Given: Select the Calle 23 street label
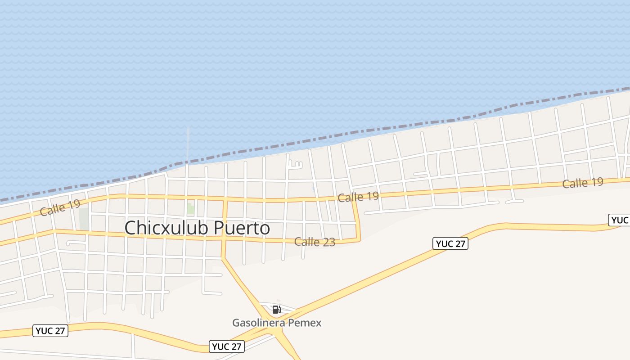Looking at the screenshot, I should coord(315,242).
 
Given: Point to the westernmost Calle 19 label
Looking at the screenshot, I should coord(60,207).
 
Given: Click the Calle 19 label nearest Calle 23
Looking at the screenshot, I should coord(358,197).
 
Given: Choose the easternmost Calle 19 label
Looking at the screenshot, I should coord(583,183).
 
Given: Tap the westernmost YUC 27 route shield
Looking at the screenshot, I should coord(51,331).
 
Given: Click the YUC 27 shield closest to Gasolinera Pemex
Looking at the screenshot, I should coord(227,346).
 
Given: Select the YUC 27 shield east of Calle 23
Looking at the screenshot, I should coord(451,244).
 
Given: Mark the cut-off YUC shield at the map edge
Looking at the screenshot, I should coord(620,220).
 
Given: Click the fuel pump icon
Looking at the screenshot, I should coord(277,310).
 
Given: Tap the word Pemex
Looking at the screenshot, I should coord(308,323).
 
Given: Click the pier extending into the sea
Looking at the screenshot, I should coord(188,144).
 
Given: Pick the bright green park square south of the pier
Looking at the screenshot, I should coord(191,209).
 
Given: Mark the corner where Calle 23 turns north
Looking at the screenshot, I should coord(360,239).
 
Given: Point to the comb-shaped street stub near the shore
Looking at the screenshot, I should coord(294,165).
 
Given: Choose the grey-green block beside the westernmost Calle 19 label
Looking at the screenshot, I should coord(84,218).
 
